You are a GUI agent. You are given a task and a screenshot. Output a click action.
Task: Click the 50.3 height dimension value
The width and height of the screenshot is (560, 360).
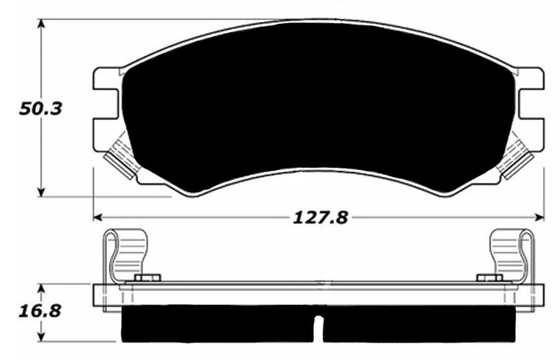pos(40,108)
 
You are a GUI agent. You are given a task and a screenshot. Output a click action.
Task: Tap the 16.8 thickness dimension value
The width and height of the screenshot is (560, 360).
pos(40,309)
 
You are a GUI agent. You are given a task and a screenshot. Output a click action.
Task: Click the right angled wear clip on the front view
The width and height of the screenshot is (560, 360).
pos(516,155)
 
